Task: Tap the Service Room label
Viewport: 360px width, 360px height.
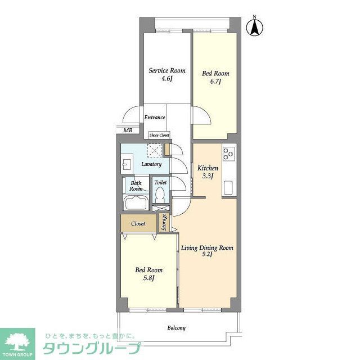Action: pos(166,71)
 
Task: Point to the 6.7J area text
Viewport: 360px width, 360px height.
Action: pos(215,82)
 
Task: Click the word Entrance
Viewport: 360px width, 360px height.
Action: pos(154,118)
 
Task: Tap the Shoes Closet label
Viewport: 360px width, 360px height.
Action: pos(159,135)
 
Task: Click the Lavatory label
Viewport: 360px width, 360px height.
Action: pos(151,164)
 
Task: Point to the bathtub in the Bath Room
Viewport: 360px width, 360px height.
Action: pos(135,204)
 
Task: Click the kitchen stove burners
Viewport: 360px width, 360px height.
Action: pos(228,154)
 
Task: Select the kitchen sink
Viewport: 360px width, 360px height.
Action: pos(228,188)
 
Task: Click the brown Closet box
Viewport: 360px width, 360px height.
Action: pos(138,223)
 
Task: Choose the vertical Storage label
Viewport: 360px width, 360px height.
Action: pos(164,222)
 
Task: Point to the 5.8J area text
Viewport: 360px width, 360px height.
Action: pos(148,278)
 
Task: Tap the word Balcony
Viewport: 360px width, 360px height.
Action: pos(176,327)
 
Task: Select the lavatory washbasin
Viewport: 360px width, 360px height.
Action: pos(125,164)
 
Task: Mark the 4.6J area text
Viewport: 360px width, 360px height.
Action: pos(166,79)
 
